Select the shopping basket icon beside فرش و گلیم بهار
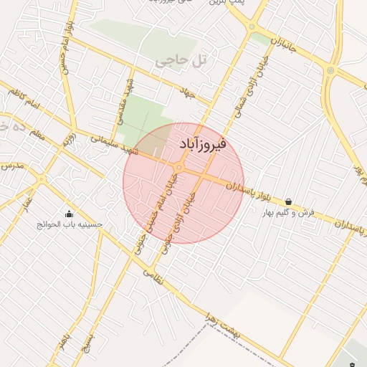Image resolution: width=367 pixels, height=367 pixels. pos(288,202)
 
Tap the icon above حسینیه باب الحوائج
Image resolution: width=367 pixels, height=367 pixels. pos(69,213)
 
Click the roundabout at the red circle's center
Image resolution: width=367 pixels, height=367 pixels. pos(179,168)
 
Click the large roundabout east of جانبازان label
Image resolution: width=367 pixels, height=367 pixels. pos(330,70)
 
